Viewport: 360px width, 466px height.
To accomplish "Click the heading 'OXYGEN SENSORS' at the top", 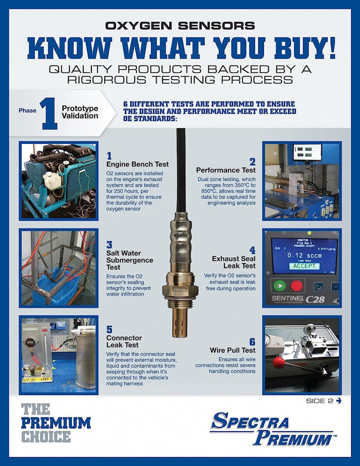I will click(180, 25).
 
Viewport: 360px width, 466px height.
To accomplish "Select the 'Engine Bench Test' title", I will click(137, 164).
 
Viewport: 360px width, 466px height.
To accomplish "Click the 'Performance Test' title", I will click(226, 170).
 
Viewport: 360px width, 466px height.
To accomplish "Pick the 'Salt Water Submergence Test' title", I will click(130, 260).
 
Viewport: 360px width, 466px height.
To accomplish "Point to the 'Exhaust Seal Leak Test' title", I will click(233, 262).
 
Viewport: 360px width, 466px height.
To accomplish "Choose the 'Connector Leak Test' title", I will click(124, 341).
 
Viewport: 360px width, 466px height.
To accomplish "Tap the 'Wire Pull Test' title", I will click(233, 350).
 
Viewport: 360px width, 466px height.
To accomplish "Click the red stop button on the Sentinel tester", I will click(297, 286).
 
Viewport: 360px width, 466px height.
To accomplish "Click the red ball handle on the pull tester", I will click(279, 362).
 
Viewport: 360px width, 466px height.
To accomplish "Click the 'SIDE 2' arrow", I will click(338, 400).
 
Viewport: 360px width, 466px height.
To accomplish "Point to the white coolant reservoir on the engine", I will click(53, 181).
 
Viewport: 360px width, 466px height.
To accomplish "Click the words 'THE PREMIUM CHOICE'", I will click(56, 423).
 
